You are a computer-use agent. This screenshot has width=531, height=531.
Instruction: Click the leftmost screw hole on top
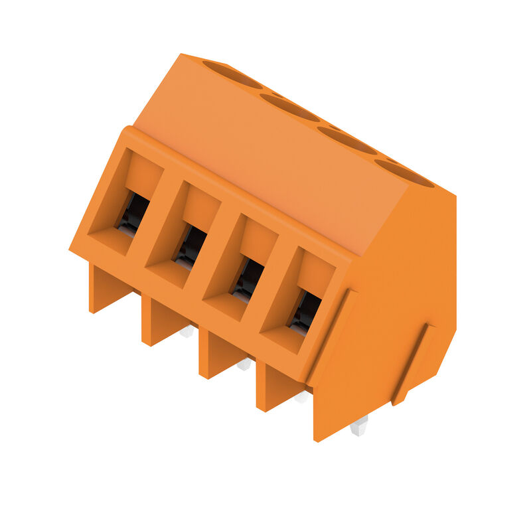[x=232, y=74]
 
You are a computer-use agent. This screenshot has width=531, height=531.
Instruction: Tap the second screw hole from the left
[x=289, y=107]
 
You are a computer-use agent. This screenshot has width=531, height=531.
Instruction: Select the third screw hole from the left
[x=346, y=139]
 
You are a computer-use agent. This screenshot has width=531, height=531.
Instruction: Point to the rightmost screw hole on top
[x=404, y=173]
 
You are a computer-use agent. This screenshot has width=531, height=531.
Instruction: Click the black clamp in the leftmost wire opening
[x=133, y=213]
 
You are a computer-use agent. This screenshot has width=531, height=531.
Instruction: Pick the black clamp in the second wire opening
[x=190, y=246]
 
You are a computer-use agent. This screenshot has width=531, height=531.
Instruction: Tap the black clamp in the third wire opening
[x=248, y=279]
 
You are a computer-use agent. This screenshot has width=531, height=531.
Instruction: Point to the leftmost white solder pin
[x=187, y=331]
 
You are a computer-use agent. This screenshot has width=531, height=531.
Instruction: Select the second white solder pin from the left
[x=244, y=364]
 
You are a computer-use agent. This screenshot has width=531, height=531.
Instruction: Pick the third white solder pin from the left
[x=301, y=396]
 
